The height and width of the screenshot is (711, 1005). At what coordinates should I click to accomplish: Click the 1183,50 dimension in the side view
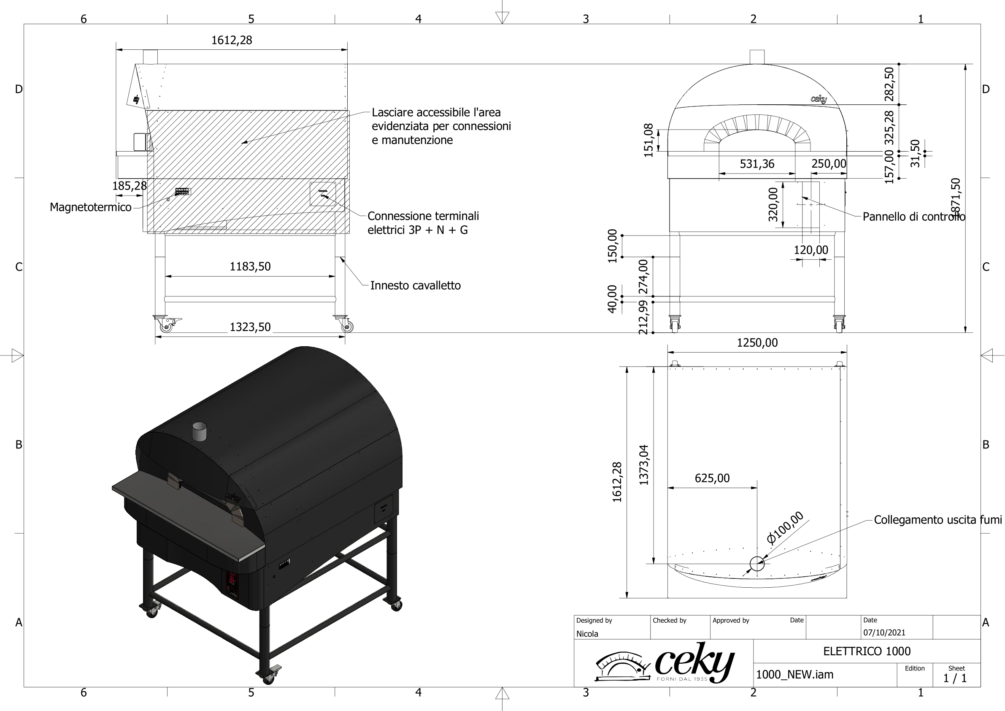pyautogui.click(x=250, y=266)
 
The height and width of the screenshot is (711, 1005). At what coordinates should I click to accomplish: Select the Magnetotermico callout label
pyautogui.click(x=90, y=207)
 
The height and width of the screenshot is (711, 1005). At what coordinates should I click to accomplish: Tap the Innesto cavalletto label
pyautogui.click(x=415, y=286)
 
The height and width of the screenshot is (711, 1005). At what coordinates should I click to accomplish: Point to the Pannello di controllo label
pyautogui.click(x=913, y=217)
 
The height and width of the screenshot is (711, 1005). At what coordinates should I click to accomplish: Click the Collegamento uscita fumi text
pyautogui.click(x=937, y=520)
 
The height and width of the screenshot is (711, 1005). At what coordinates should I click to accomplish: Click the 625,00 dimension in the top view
pyautogui.click(x=712, y=478)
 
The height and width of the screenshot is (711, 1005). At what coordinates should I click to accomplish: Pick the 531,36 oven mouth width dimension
pyautogui.click(x=757, y=164)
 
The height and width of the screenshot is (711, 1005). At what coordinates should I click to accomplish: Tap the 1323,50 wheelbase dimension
pyautogui.click(x=250, y=327)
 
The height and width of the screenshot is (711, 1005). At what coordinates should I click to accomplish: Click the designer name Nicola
pyautogui.click(x=587, y=634)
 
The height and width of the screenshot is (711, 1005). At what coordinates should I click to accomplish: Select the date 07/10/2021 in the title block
pyautogui.click(x=884, y=632)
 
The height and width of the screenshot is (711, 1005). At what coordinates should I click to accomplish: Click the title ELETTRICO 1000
pyautogui.click(x=866, y=651)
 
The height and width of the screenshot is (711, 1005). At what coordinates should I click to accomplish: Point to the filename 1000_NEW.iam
pyautogui.click(x=794, y=674)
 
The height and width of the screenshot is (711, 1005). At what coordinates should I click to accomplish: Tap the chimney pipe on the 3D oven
pyautogui.click(x=200, y=431)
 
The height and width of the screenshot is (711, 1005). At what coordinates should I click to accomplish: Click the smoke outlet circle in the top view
pyautogui.click(x=757, y=564)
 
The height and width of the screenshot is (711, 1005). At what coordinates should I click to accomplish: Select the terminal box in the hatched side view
pyautogui.click(x=323, y=194)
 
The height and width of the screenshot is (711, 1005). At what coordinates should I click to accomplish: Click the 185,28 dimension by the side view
pyautogui.click(x=129, y=186)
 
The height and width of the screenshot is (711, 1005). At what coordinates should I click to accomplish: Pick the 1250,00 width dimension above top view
pyautogui.click(x=757, y=342)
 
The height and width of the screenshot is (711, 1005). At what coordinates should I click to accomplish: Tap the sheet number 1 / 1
pyautogui.click(x=955, y=678)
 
